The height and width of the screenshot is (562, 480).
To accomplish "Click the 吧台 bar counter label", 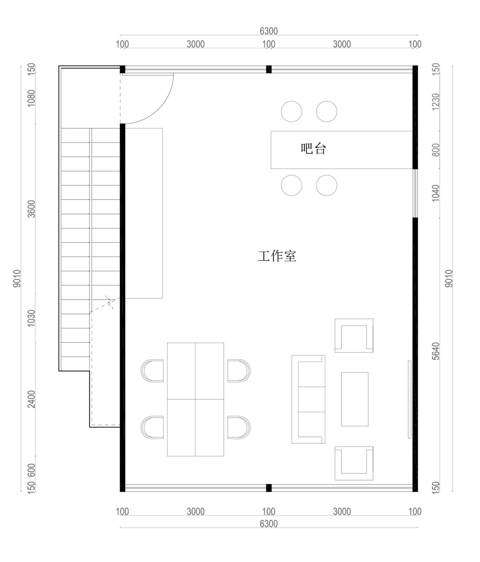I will click(313, 148).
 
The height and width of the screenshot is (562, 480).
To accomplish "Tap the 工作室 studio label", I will click(277, 256).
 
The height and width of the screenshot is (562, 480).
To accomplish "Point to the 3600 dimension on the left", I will click(32, 209).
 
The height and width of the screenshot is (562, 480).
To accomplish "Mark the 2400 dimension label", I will click(32, 399).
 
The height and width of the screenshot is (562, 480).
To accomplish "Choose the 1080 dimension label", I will click(32, 98).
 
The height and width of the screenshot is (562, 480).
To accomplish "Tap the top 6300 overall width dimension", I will click(269, 31).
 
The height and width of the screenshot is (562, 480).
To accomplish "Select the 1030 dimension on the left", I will click(32, 318).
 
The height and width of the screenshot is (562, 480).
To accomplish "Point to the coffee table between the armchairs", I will click(355, 399).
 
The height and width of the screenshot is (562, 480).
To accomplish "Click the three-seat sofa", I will click(308, 399).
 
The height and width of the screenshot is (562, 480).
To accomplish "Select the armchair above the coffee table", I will click(354, 335).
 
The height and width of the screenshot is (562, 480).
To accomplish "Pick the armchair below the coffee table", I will click(354, 463).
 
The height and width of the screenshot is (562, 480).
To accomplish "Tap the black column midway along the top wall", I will click(269, 69).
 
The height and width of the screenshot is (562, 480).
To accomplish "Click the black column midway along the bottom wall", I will click(269, 488).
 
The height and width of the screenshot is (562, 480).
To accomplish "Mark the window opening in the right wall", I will click(415, 193).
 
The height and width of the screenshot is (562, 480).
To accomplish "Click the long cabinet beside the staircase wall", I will click(144, 213).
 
